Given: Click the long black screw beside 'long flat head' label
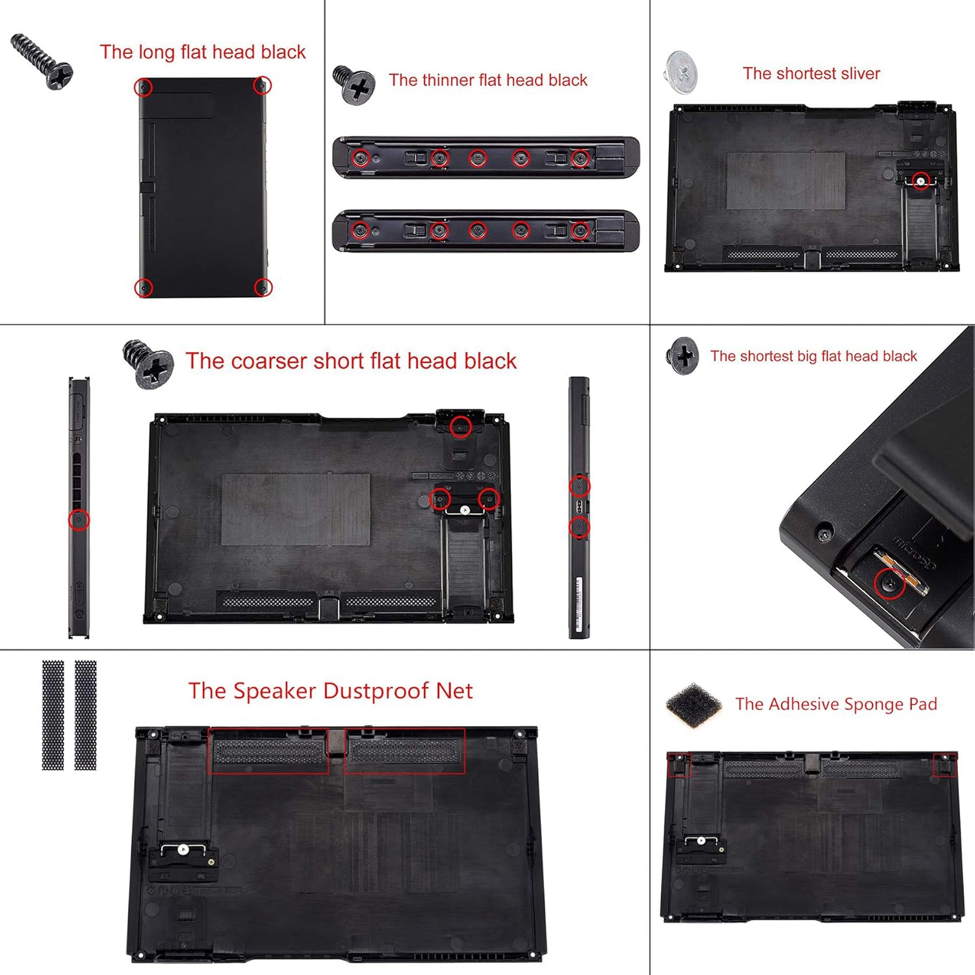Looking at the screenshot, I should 42,62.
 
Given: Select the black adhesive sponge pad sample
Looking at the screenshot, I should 694,705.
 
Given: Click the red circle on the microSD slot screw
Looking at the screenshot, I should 889,583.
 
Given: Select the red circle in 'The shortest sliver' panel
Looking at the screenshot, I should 920,181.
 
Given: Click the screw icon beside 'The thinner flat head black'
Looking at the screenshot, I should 355,84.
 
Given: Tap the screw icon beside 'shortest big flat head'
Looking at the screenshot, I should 682,356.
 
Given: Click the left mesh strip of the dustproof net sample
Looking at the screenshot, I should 53,715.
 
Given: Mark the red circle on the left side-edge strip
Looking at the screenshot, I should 79,520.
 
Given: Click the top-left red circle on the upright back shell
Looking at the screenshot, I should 143,86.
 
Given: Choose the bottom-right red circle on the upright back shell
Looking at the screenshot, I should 263,287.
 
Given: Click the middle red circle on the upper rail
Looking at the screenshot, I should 478,158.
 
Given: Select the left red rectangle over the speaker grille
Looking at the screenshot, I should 268,751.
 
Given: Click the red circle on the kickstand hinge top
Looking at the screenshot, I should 461,427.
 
